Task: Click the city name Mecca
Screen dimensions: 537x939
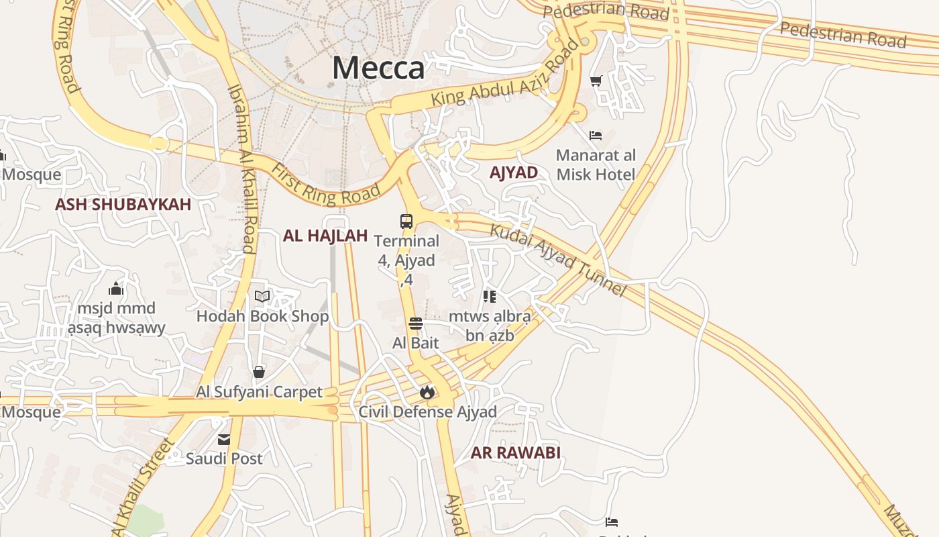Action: (x=378, y=68)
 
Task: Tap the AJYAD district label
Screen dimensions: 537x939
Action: (x=514, y=173)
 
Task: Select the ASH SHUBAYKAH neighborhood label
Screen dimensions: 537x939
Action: (x=123, y=205)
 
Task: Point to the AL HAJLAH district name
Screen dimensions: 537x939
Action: (x=325, y=236)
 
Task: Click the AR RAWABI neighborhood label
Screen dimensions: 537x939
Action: (x=515, y=453)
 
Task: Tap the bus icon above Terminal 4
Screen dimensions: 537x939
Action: (x=406, y=221)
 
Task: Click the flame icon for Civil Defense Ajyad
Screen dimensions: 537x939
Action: (x=427, y=392)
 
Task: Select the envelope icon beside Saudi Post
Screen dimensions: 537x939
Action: (x=224, y=440)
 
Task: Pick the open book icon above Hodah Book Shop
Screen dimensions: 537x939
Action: (x=262, y=296)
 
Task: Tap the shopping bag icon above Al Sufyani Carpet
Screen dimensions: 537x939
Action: (x=259, y=372)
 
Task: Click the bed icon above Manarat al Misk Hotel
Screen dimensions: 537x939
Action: (x=595, y=135)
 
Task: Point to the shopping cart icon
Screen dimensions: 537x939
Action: (x=596, y=81)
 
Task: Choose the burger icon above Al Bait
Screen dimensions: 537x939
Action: (x=416, y=324)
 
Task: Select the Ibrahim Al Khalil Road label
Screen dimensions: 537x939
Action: (x=242, y=168)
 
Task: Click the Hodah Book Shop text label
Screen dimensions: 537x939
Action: (x=262, y=316)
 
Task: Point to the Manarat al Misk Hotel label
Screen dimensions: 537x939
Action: (x=596, y=165)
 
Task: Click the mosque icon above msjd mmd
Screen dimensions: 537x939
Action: (x=116, y=289)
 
